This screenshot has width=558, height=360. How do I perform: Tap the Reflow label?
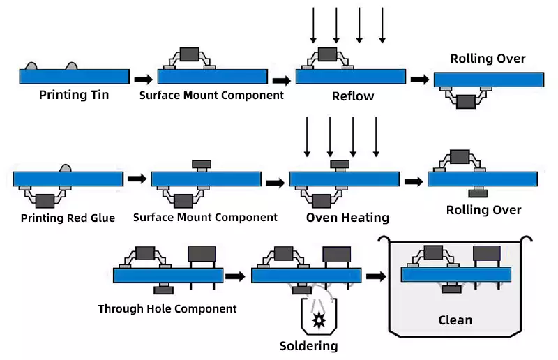click(352, 96)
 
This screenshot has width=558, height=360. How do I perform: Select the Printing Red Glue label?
click(68, 218)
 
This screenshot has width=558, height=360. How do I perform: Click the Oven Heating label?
click(347, 218)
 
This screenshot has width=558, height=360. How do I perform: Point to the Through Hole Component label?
click(167, 308)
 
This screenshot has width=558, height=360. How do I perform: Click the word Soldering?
click(308, 346)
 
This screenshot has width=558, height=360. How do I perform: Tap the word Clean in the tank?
click(455, 320)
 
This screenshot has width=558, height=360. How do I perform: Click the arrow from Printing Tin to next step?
click(142, 80)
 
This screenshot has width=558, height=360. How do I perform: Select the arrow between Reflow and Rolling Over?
click(419, 80)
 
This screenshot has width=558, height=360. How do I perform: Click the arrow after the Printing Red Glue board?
click(137, 179)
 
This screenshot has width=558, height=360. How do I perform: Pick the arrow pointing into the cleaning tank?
click(376, 276)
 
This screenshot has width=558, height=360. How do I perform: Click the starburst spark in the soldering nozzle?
click(319, 320)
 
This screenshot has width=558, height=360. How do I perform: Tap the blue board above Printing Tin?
click(73, 76)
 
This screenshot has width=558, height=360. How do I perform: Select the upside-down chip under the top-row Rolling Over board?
click(465, 102)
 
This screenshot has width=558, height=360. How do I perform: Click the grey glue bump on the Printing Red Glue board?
click(66, 168)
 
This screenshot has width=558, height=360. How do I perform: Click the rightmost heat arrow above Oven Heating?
click(376, 137)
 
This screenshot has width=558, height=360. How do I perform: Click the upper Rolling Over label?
click(488, 59)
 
